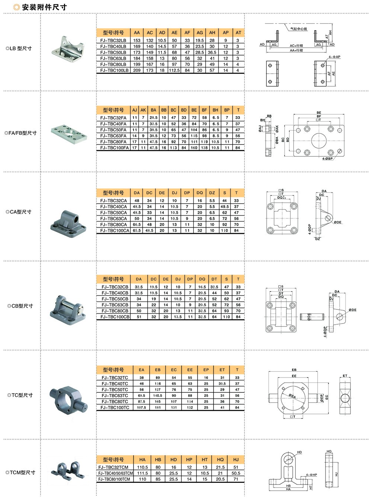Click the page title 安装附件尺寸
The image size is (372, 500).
pyautogui.click(x=44, y=7)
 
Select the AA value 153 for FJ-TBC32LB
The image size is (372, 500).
pyautogui.click(x=137, y=41)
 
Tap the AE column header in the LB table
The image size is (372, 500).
pyautogui.click(x=174, y=32)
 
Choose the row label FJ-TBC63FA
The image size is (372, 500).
pyautogui.click(x=113, y=136)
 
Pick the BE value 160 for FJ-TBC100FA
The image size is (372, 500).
pyautogui.click(x=194, y=148)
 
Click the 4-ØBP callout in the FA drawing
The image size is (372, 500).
pyautogui.click(x=328, y=159)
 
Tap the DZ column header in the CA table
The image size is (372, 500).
pyautogui.click(x=212, y=192)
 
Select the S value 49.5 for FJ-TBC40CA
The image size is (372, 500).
pyautogui.click(x=225, y=207)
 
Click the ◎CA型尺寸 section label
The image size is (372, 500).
pyautogui.click(x=21, y=212)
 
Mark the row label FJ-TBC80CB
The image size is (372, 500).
pyautogui.click(x=115, y=311)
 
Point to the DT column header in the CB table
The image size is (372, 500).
pyautogui.click(x=214, y=279)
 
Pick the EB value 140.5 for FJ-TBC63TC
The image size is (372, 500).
pyautogui.click(x=158, y=396)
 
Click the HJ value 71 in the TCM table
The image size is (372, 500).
pyautogui.click(x=236, y=479)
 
